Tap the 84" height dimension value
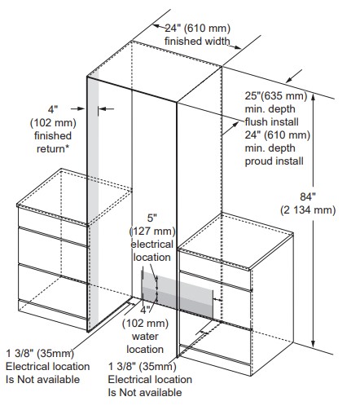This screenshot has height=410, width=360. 308,196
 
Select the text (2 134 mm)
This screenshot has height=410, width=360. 308,209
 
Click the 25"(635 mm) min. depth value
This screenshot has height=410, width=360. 276,96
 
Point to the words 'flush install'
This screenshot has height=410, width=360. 271,122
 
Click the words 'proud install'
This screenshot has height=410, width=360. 274,161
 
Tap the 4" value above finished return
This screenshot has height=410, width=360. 53,109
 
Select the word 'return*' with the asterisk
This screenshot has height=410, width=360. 53,149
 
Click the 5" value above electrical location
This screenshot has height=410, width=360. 152,218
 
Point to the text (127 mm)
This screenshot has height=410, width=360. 152,231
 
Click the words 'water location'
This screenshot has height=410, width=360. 145,343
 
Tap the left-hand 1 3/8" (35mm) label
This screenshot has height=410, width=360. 40,354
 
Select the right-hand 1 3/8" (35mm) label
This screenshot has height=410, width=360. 143,367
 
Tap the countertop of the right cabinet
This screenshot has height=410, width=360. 235,240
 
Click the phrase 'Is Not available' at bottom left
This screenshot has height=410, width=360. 43,380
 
